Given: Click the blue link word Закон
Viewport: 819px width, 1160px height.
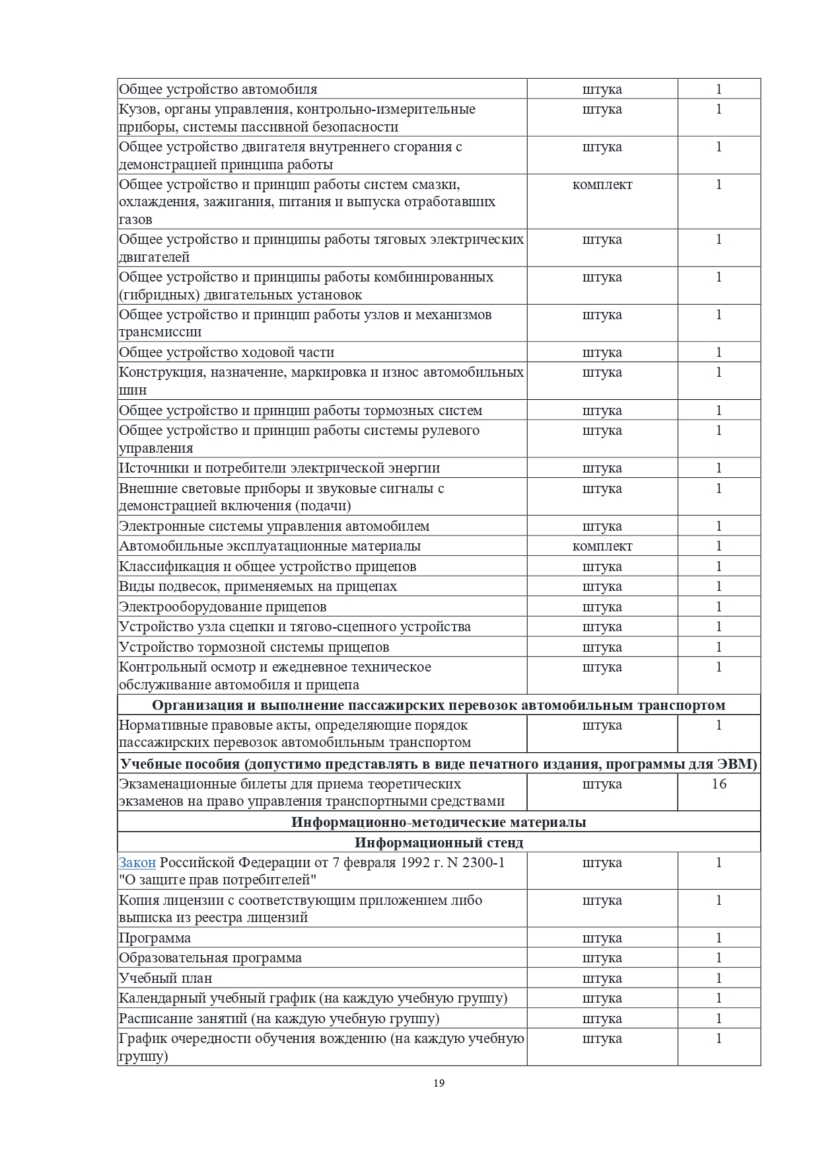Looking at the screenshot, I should (x=137, y=863).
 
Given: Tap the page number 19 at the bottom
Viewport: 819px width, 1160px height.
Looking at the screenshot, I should (x=439, y=1083).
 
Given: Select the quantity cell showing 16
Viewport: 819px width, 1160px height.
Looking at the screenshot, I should (x=719, y=784).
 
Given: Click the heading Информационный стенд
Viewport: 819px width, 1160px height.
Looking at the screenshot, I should (x=439, y=842).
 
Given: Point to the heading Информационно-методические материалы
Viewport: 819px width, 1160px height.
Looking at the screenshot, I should (x=439, y=822).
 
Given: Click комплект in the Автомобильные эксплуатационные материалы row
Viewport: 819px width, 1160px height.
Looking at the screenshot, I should (x=602, y=546).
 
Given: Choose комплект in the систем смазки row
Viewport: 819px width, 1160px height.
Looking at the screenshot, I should (x=602, y=184).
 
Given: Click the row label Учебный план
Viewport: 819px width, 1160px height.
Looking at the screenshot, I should (x=166, y=978).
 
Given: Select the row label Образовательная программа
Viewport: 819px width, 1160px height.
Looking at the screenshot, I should (x=210, y=958).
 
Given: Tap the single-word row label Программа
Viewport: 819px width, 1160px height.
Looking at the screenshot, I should (x=155, y=938).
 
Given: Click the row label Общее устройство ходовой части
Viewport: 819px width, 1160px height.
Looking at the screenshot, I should (x=227, y=352).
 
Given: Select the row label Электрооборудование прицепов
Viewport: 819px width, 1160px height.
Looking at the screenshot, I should (x=223, y=607).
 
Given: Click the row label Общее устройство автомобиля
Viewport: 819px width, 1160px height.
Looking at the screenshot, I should (x=218, y=89).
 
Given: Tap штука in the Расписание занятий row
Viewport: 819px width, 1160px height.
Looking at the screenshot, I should (x=602, y=1019).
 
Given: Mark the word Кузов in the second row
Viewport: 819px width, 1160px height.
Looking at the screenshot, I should (x=136, y=109).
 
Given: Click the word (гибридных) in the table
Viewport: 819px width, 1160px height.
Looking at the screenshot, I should (x=158, y=295).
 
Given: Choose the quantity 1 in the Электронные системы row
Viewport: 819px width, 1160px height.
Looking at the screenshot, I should (x=719, y=526).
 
